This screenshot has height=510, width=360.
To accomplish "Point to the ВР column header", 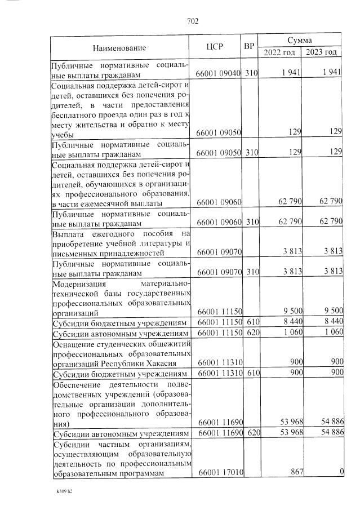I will point(249,47).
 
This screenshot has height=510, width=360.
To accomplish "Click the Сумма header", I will point(300,41).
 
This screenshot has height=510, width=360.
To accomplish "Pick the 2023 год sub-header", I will point(322,52).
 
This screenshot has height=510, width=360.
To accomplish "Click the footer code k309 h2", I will point(64,492).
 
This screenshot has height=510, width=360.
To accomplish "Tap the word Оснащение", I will point(77,344).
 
